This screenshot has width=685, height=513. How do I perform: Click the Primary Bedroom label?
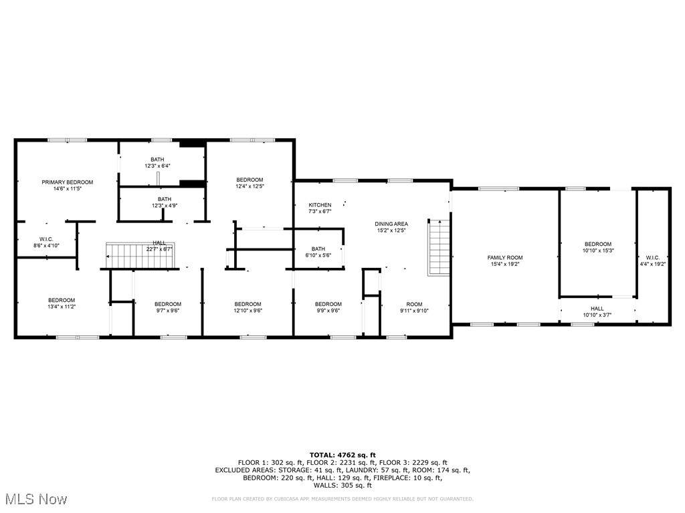68,182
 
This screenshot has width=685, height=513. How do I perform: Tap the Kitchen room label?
320,205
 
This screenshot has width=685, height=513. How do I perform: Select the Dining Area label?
391,224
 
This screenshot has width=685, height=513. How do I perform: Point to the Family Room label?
505,258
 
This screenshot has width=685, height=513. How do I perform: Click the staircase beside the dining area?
439,248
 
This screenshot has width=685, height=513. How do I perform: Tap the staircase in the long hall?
140,255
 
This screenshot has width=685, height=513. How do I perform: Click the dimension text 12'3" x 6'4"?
157,166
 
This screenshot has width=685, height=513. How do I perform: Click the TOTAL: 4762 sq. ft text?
342,455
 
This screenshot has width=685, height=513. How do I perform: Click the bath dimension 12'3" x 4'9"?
165,206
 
